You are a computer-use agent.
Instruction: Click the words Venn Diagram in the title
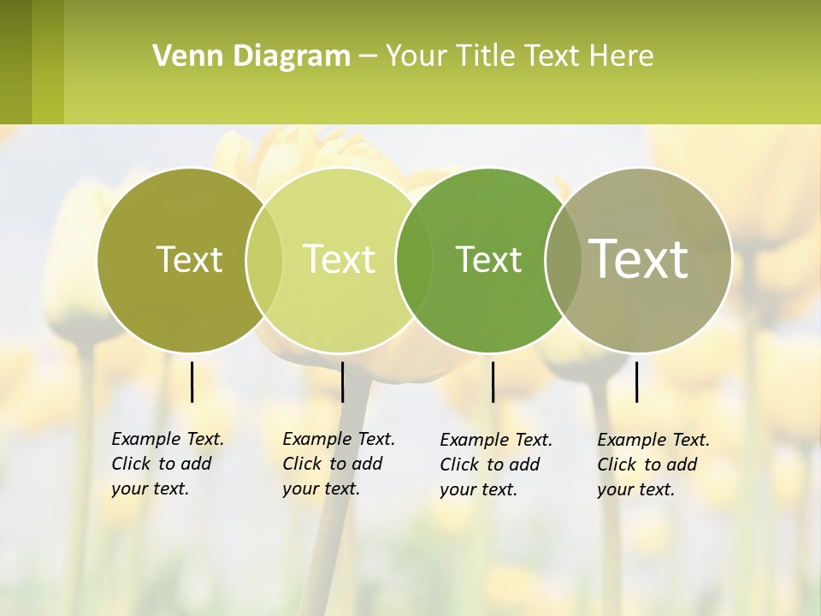(x=251, y=56)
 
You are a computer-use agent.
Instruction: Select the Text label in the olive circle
(x=189, y=259)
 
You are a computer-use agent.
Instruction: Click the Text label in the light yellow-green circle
(x=340, y=259)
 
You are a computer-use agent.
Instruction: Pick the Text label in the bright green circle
(x=488, y=259)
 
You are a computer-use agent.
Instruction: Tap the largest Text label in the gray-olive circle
(x=639, y=258)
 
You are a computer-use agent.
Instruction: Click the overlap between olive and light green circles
(x=264, y=259)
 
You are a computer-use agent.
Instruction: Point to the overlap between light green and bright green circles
(x=415, y=259)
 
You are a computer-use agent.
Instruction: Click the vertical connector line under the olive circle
(x=192, y=382)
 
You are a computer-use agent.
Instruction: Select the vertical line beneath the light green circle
(x=342, y=382)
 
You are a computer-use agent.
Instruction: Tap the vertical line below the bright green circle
(x=493, y=382)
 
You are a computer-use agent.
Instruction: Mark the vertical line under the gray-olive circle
(x=636, y=382)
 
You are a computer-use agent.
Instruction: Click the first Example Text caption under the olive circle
(x=168, y=439)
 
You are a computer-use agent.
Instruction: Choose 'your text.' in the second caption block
(x=321, y=489)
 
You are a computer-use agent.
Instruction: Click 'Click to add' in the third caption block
(x=490, y=465)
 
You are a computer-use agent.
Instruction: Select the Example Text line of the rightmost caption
(x=653, y=440)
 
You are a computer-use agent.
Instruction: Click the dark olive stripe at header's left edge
(x=15, y=62)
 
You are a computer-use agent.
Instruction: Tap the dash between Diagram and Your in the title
(x=368, y=57)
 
